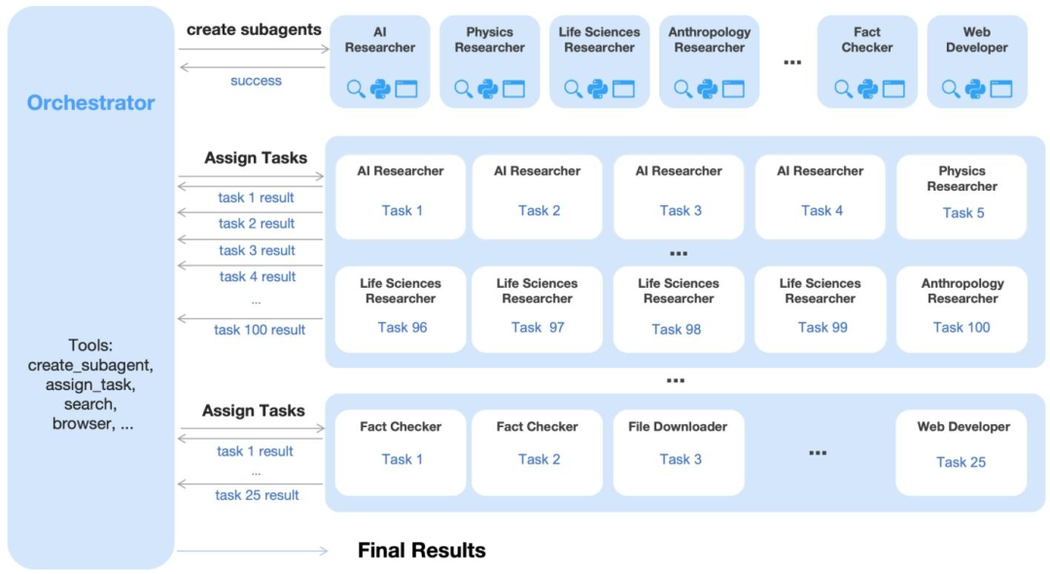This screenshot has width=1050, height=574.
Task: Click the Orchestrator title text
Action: (90, 103)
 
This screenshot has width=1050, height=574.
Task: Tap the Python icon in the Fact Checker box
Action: (868, 90)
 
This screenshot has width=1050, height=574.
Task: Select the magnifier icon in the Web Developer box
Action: (951, 90)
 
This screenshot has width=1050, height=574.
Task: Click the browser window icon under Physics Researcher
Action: (513, 90)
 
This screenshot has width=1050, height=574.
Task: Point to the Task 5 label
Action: (963, 212)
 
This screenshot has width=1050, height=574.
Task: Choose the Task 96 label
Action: (402, 327)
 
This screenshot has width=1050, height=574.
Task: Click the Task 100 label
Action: (962, 327)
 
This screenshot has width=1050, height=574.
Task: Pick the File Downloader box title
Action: (679, 426)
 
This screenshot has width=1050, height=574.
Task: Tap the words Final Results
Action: (422, 551)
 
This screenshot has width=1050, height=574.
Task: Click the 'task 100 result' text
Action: (260, 330)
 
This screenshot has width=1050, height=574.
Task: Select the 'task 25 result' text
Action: (257, 495)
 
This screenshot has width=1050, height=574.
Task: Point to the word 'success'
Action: (256, 81)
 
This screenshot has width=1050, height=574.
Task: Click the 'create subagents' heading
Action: (254, 29)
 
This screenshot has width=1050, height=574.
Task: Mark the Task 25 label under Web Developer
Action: (962, 462)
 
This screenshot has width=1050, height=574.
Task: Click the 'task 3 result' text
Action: (257, 250)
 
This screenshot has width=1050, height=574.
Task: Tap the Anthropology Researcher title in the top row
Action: (710, 40)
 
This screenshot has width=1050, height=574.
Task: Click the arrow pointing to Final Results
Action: (253, 552)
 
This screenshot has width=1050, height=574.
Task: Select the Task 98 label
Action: (677, 329)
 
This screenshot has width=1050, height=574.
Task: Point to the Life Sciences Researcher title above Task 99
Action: (821, 291)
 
